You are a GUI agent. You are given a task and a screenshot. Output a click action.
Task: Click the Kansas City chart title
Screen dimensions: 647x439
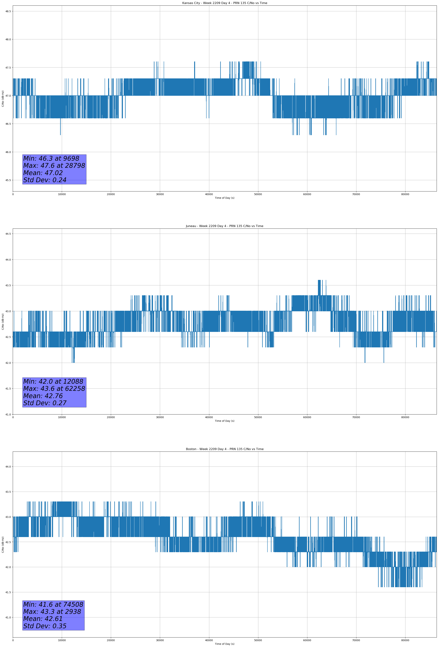[x=224, y=3]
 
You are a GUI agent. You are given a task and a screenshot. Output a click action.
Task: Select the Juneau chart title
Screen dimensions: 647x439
[x=224, y=226]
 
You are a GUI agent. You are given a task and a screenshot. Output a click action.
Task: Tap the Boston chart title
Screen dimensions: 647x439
[x=224, y=449]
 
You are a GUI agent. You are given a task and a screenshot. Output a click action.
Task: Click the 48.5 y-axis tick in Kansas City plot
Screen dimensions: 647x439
[x=8, y=11]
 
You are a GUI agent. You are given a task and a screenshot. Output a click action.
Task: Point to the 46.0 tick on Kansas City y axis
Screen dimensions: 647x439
[x=8, y=152]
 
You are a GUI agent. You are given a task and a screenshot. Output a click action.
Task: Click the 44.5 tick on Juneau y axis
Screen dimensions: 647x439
[x=8, y=234]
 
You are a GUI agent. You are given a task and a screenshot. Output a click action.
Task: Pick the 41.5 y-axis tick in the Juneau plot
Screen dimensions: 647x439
[x=8, y=389]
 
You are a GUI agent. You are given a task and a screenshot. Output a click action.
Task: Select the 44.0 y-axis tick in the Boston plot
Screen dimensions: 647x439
[x=8, y=467]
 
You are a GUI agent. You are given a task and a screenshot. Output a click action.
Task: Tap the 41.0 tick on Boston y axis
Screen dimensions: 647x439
[x=8, y=617]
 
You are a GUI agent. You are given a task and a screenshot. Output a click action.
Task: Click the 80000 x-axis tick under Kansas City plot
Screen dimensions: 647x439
[x=405, y=194]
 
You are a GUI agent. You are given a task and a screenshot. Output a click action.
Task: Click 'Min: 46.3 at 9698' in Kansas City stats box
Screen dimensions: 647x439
[x=51, y=158]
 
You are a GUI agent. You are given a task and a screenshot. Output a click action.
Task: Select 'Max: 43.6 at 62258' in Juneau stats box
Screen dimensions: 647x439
[x=54, y=389]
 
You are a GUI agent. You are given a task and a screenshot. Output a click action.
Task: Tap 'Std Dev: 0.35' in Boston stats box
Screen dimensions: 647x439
[x=45, y=626]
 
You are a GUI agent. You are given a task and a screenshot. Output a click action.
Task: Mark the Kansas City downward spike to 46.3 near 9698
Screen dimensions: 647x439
[x=60, y=131]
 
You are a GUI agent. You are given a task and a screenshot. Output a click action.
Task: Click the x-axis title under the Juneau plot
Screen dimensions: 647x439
[x=224, y=421]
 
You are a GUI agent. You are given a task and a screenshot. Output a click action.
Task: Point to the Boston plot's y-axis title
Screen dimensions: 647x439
[x=3, y=544]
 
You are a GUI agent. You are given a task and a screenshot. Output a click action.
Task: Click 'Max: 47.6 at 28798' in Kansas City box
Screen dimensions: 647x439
[x=54, y=166]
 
